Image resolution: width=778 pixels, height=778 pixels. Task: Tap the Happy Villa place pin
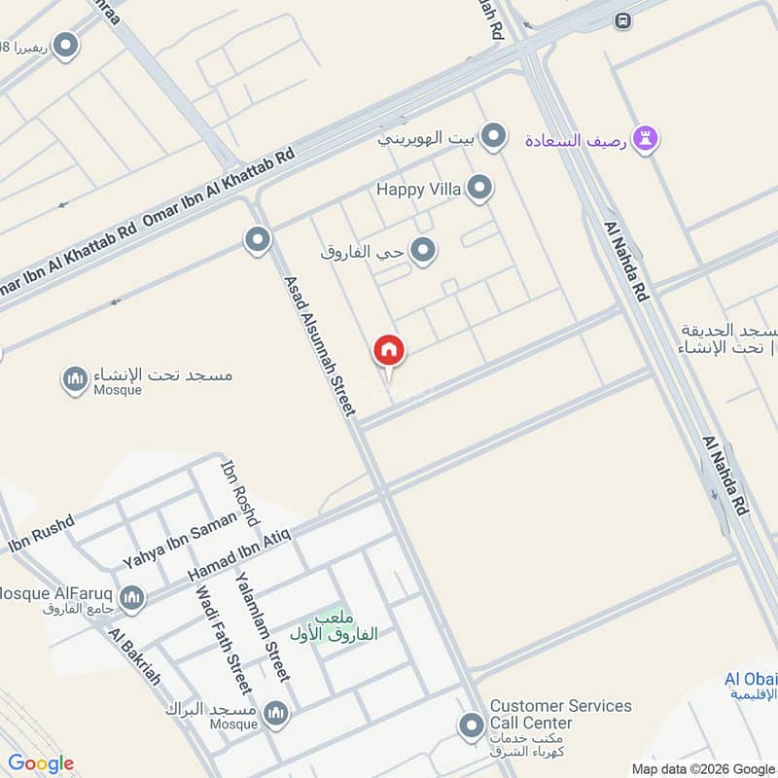pyautogui.click(x=478, y=189)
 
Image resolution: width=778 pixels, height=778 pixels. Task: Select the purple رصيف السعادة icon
pyautogui.click(x=646, y=140)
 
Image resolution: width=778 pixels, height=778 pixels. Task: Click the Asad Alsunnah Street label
pyautogui.click(x=318, y=346)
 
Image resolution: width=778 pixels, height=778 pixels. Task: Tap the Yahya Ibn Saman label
pyautogui.click(x=179, y=541)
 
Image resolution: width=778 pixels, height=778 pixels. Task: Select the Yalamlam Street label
pyautogui.click(x=263, y=625)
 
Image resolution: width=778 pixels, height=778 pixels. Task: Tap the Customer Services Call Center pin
pyautogui.click(x=471, y=725)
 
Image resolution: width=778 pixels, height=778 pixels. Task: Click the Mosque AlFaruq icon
pyautogui.click(x=132, y=597)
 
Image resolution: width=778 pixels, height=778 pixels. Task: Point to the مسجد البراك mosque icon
pyautogui.click(x=276, y=715)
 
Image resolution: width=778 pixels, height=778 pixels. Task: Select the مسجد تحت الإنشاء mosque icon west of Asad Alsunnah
pyautogui.click(x=75, y=380)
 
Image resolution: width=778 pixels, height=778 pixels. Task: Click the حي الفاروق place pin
pyautogui.click(x=422, y=252)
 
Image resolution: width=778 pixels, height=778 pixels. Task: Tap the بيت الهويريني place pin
pyautogui.click(x=494, y=137)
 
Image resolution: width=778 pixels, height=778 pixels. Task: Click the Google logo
pyautogui.click(x=41, y=763)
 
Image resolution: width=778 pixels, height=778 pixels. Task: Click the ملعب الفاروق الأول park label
pyautogui.click(x=334, y=625)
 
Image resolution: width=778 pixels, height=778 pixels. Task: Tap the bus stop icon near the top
pyautogui.click(x=622, y=19)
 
